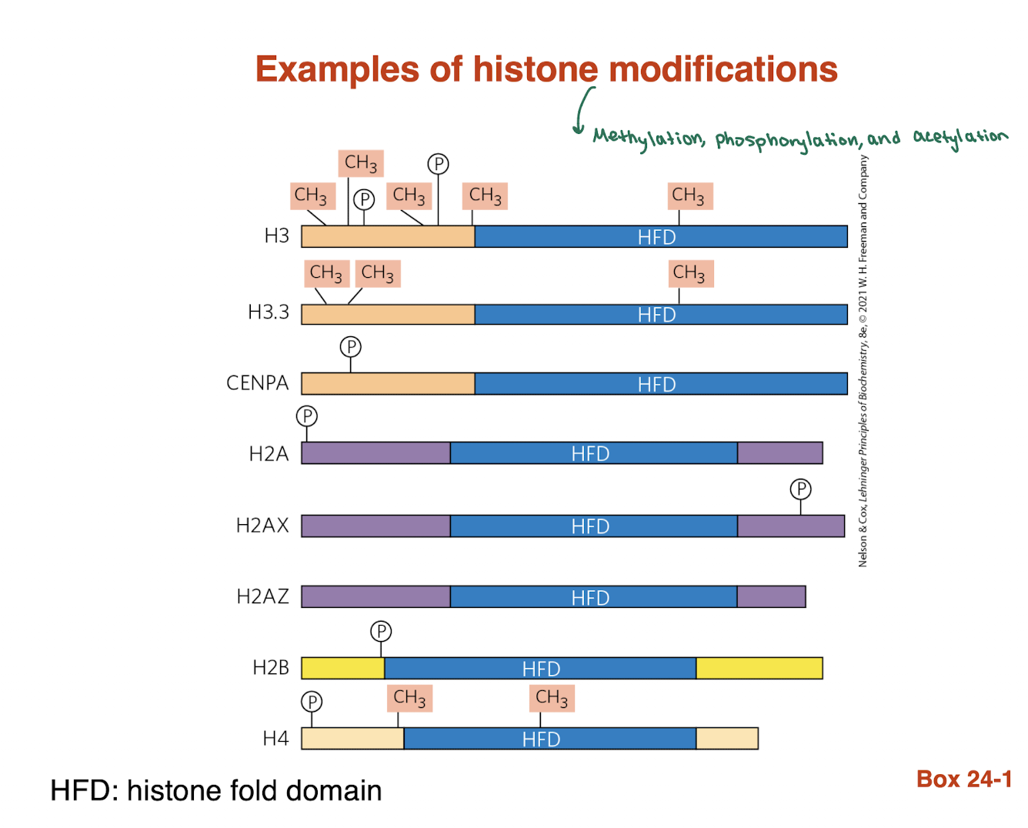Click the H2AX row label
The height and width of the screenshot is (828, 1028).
click(262, 526)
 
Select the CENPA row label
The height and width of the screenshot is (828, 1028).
click(257, 383)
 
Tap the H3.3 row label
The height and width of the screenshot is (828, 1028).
click(269, 312)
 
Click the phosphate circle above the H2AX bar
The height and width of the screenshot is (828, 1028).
click(800, 489)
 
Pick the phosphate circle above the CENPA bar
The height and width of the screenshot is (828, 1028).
click(351, 346)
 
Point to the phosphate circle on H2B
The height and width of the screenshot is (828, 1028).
click(381, 631)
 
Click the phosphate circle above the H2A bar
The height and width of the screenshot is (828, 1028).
click(307, 416)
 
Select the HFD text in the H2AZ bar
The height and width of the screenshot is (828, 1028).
click(590, 597)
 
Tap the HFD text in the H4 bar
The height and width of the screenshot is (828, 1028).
click(541, 739)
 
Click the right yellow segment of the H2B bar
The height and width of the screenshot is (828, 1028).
click(759, 668)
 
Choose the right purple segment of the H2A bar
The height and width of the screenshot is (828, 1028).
click(779, 453)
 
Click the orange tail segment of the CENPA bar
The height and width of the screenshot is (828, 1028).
click(388, 383)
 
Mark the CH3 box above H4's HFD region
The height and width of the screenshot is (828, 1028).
click(552, 698)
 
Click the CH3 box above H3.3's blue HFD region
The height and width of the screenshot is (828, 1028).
click(689, 273)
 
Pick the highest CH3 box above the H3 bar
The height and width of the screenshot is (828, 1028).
click(361, 163)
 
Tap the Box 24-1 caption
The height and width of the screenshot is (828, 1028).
click(963, 779)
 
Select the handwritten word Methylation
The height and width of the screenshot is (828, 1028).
click(648, 139)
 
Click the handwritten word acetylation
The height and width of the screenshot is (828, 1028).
click(960, 136)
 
